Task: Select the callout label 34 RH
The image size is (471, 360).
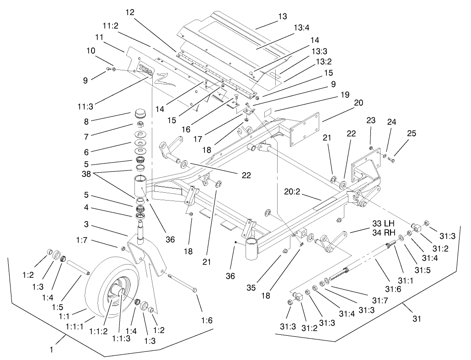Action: point(383,233)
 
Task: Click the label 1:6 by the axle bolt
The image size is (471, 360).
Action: point(207,321)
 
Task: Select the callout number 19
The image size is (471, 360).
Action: point(344,95)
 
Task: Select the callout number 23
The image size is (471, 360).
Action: point(371,121)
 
